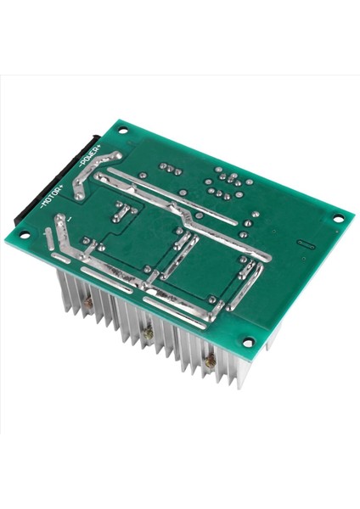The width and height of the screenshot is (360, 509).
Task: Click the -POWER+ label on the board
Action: (91, 158)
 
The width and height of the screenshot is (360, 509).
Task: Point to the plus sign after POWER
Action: (101, 149)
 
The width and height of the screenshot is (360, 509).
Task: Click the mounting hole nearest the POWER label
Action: (124, 131)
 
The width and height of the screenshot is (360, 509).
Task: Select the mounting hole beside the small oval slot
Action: (335, 220)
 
